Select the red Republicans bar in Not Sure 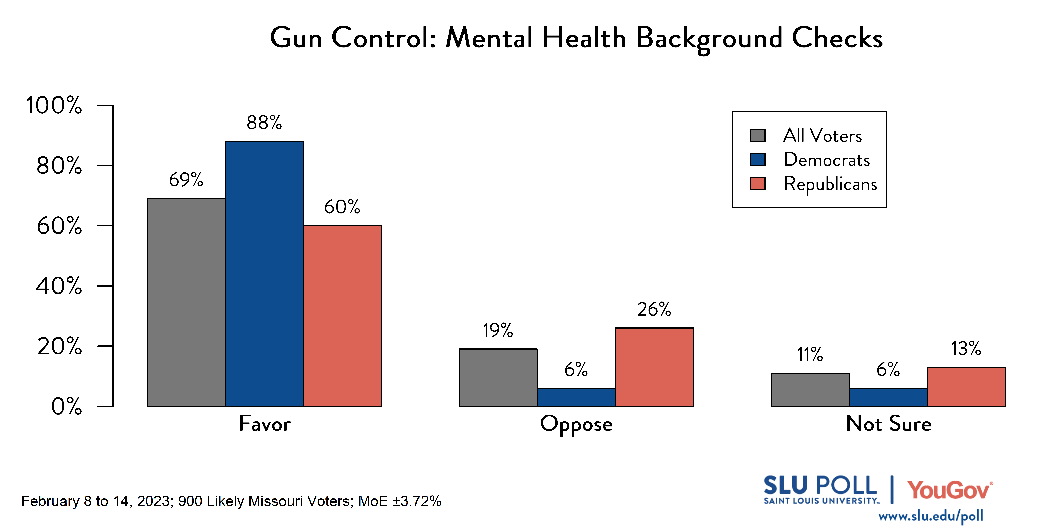click(966, 387)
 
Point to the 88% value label click(264, 122)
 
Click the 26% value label click(654, 309)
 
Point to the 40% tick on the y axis click(59, 286)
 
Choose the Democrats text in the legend click(826, 160)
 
